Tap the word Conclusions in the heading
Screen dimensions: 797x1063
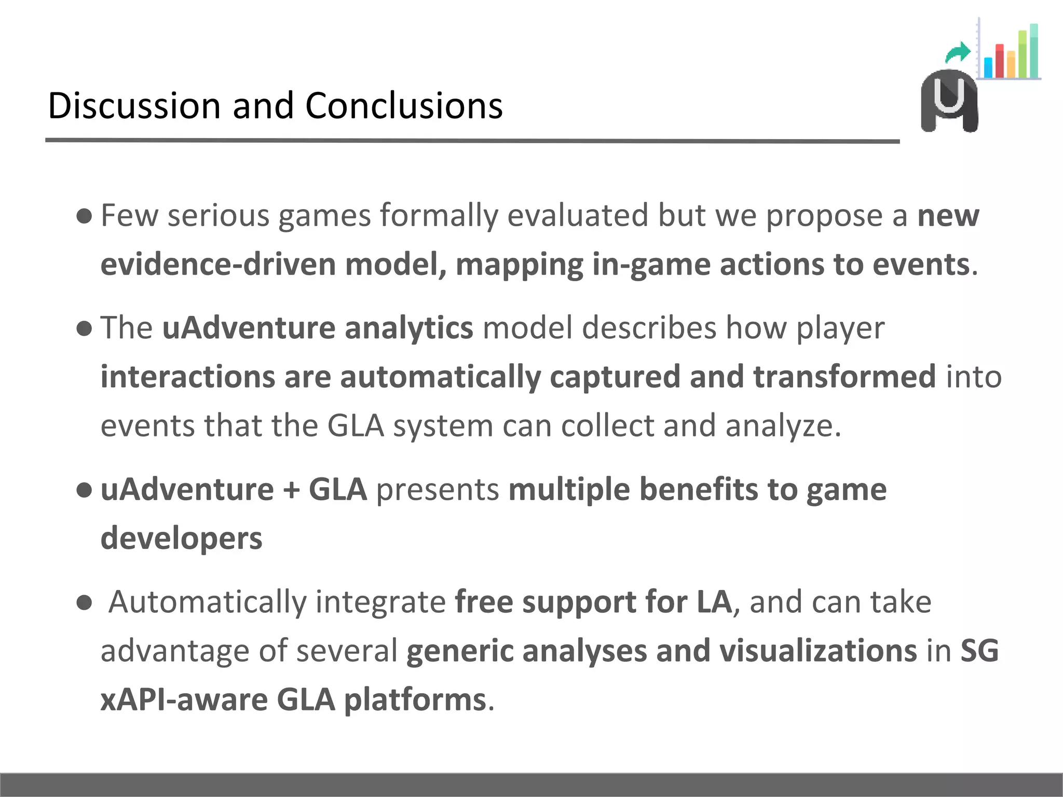[x=404, y=105]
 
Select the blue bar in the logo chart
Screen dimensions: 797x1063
[x=988, y=67]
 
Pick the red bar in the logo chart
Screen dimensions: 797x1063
[x=1000, y=61]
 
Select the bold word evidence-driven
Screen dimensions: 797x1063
[x=218, y=264]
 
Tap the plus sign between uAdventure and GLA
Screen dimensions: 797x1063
[x=291, y=490]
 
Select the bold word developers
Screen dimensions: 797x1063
[x=182, y=538]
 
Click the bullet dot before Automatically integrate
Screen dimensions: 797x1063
[x=84, y=603]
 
